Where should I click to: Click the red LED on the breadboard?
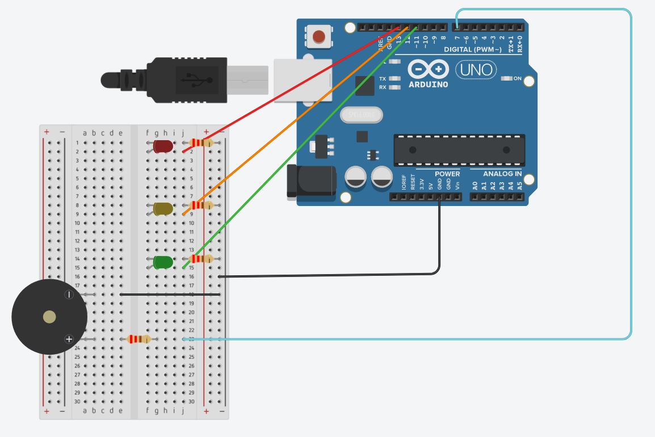pos(163,146)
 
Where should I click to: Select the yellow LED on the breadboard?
pos(163,209)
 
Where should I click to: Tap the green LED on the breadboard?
pos(163,262)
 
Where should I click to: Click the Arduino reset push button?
pos(319,37)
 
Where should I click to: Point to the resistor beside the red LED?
pos(201,143)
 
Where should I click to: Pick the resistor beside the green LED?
pos(201,259)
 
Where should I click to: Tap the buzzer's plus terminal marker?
pos(69,339)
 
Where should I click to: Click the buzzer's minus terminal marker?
pos(69,294)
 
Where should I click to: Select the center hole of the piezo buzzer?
pos(49,317)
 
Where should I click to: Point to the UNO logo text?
pos(476,70)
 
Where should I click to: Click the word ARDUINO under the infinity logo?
pos(428,85)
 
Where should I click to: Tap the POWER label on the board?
pos(447,174)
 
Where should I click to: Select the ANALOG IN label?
pos(502,174)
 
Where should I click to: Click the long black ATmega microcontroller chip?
pos(459,150)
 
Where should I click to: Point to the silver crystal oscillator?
pos(361,115)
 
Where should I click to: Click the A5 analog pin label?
pos(519,185)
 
